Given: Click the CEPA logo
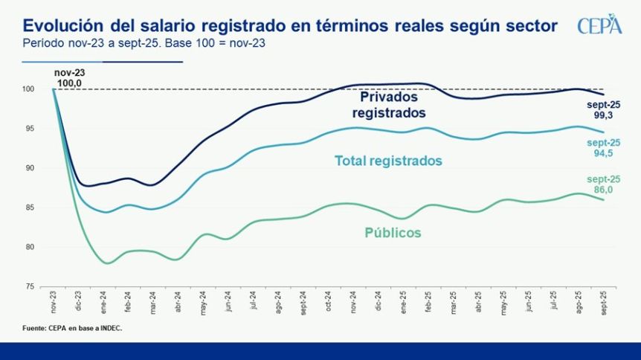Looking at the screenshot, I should click(x=599, y=25).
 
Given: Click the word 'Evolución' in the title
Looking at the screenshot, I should click(x=58, y=27).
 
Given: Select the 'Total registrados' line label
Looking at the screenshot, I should click(x=388, y=161).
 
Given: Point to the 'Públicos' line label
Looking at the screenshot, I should click(x=393, y=233).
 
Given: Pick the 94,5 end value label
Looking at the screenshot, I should click(x=604, y=148).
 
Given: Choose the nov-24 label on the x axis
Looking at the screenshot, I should click(x=354, y=301).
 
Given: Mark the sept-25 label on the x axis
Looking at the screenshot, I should click(x=603, y=303).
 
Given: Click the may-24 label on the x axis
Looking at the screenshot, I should click(x=204, y=301).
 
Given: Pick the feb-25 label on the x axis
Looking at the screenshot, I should click(x=428, y=301).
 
